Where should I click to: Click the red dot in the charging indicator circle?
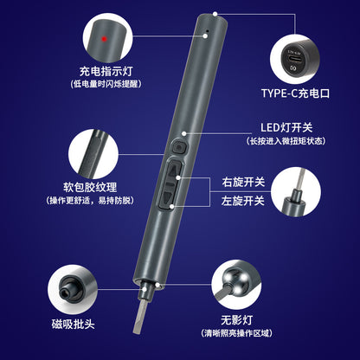(x=102, y=41)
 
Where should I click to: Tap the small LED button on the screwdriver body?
(x=176, y=144)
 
